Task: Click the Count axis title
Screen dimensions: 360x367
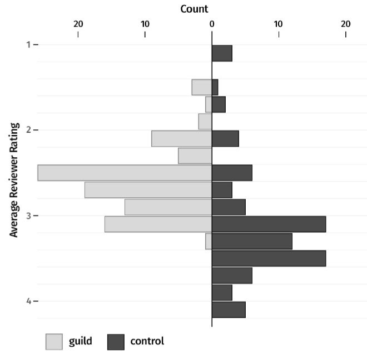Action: (195, 9)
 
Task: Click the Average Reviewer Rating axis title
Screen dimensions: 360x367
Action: (14, 180)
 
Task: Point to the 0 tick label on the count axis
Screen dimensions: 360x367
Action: (212, 24)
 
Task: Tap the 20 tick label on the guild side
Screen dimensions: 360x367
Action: (78, 24)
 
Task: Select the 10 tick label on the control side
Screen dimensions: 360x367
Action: (279, 24)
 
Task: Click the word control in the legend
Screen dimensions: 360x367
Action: (147, 341)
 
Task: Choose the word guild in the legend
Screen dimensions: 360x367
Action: (81, 341)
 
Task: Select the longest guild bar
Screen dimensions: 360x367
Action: (125, 173)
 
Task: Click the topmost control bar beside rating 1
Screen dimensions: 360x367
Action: (222, 53)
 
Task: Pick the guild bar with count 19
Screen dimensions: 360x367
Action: (148, 190)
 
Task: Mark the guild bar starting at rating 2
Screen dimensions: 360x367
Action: (182, 139)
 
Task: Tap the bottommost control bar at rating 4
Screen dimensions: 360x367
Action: (229, 309)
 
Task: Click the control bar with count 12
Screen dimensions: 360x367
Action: (252, 241)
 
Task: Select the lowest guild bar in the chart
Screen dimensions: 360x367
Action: (209, 241)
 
